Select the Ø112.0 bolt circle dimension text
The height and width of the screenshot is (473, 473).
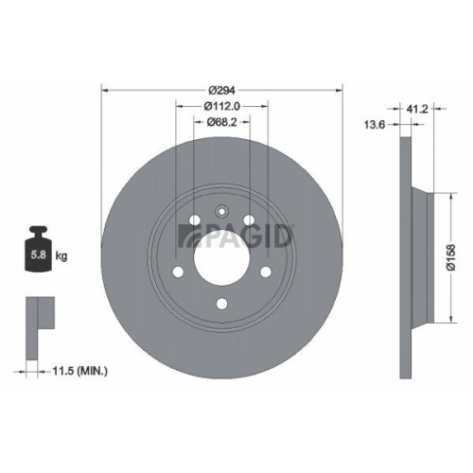[x=221, y=106]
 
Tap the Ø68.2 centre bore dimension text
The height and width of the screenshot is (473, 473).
[x=221, y=122]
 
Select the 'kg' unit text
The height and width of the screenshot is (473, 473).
[x=62, y=255]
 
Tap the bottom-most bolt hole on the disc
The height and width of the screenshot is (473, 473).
[x=221, y=303]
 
